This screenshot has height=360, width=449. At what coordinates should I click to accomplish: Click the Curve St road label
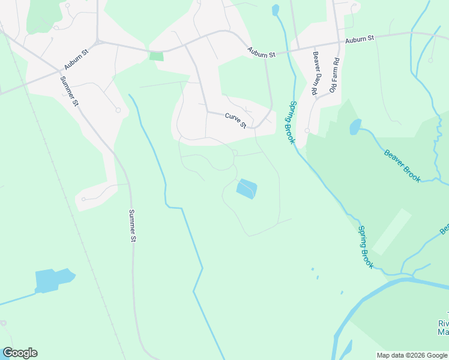coord(236,120)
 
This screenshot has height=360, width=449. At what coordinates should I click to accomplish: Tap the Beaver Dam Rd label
coord(313,74)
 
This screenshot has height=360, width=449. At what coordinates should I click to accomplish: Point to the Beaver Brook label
coord(402,165)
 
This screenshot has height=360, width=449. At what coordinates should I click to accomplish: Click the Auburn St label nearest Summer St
coord(77,59)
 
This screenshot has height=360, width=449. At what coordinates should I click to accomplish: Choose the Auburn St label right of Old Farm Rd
coord(360,38)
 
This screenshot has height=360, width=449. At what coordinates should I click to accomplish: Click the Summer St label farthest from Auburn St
coord(133,225)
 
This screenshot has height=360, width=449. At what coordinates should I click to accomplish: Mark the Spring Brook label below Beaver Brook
coord(366,247)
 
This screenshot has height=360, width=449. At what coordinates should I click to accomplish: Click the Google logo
coord(20,353)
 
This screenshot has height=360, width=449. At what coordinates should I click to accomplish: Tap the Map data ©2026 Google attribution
coord(412,355)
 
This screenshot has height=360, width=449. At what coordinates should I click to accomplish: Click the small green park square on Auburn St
coord(156,56)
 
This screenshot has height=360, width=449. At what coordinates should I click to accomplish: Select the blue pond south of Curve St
coord(247,189)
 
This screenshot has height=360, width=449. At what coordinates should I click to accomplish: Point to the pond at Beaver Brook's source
coord(355,127)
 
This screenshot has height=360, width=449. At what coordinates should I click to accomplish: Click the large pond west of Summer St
coord(53,280)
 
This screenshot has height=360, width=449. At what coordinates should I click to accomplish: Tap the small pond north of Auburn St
coord(276,10)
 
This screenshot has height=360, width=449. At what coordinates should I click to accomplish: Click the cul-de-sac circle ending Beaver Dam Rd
coord(307,130)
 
